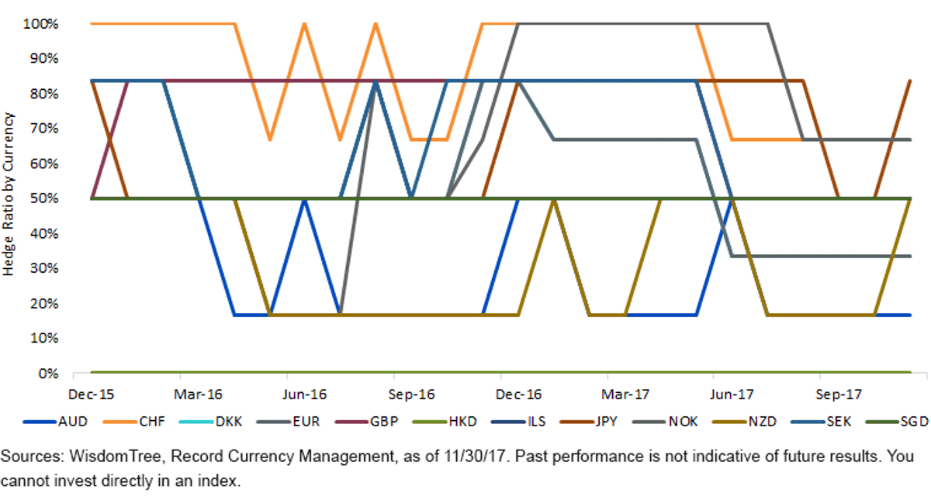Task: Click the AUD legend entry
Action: pos(55,422)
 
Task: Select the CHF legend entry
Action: pos(133,422)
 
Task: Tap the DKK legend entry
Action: pos(210,422)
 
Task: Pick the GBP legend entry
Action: pos(366,422)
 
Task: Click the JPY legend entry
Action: pos(589,422)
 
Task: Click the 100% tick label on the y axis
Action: pos(40,24)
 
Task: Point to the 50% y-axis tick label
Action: pos(43,198)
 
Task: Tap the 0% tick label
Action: pos(48,374)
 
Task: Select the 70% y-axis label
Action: pos(43,129)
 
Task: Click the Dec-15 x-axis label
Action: pos(91,394)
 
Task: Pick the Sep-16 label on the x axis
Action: pos(411,394)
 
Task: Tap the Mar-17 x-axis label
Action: pos(625,394)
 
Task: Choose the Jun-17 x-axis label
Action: pos(732,394)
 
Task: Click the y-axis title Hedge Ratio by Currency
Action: pos(8,194)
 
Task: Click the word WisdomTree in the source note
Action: pos(115,456)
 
